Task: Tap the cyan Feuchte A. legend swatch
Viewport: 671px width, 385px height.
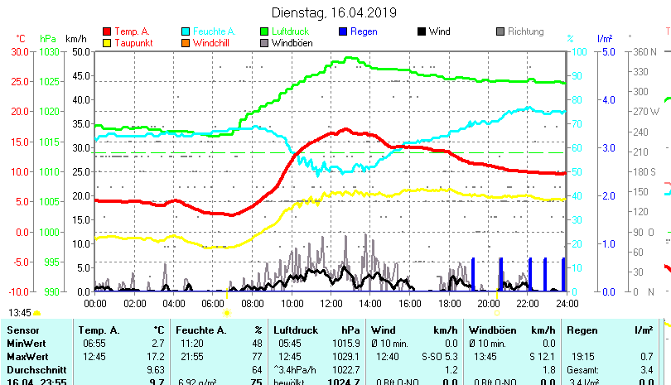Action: pyautogui.click(x=186, y=31)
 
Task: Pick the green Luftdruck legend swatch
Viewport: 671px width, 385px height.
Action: pyautogui.click(x=265, y=31)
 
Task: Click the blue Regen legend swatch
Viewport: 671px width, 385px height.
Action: pyautogui.click(x=345, y=31)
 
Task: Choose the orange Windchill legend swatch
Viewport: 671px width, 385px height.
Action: pyautogui.click(x=186, y=42)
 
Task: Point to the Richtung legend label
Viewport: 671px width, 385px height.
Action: pyautogui.click(x=525, y=31)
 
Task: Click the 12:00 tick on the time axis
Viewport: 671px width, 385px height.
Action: pyautogui.click(x=331, y=303)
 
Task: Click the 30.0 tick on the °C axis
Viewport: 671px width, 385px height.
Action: pyautogui.click(x=20, y=51)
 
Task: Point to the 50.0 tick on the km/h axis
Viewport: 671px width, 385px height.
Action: pyautogui.click(x=81, y=51)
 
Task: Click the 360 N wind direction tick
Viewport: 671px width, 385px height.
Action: pyautogui.click(x=644, y=51)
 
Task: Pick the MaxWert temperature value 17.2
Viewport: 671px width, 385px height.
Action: pyautogui.click(x=157, y=356)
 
